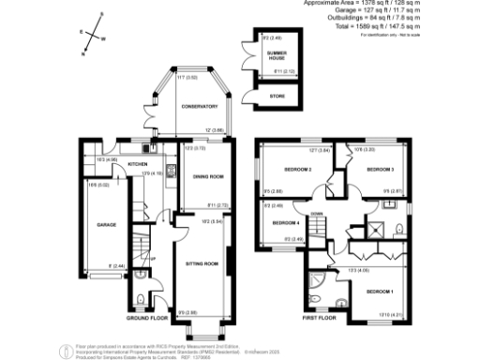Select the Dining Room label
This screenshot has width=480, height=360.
click(x=207, y=176)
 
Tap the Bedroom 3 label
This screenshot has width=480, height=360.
click(x=380, y=170)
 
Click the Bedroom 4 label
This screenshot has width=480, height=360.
click(x=286, y=223)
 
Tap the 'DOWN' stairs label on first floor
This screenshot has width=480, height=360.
click(x=317, y=214)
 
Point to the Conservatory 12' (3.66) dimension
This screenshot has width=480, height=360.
click(x=214, y=129)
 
